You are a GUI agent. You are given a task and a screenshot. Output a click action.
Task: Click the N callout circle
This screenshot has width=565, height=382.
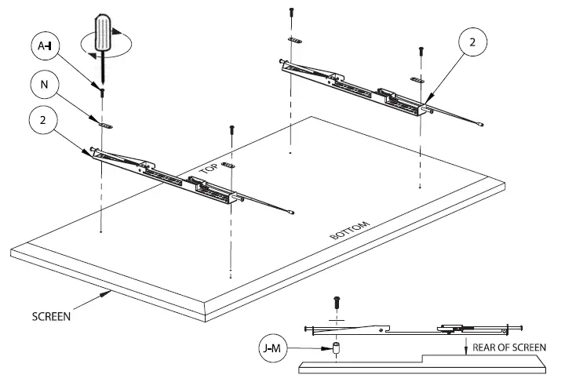tap(45, 83)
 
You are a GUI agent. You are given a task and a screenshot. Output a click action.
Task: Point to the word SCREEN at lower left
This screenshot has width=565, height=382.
tap(52, 318)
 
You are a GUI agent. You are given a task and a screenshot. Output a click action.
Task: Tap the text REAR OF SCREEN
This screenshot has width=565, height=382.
tap(509, 347)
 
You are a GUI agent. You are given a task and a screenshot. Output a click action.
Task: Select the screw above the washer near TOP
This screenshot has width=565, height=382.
tap(231, 128)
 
